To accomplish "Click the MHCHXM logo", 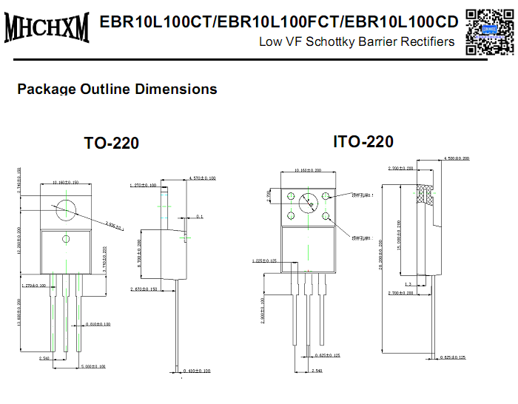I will point(47,27).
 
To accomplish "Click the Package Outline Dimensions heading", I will point(117,89).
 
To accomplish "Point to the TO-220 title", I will point(111,143).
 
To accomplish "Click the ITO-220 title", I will point(363,141).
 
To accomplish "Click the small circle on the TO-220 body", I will point(66,238).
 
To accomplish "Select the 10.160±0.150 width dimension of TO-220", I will point(67,182).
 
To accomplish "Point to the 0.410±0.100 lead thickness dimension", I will point(196,370).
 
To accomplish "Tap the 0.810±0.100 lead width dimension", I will point(98,324).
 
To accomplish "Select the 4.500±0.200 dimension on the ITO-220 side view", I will point(456,158).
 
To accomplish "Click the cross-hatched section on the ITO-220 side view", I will point(425,195).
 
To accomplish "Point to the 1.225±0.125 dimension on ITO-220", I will point(264,260).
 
